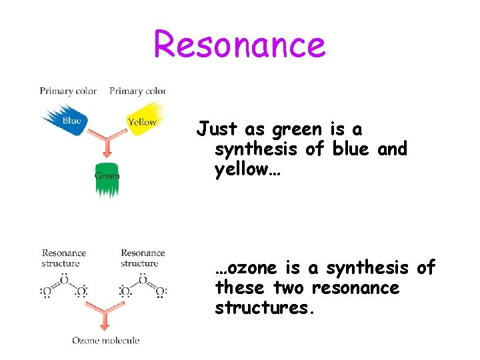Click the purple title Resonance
pos(240,44)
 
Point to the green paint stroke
pos(107,179)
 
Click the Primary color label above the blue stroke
pos(68,91)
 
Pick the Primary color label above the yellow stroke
pos(137,91)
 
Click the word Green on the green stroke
pos(107,176)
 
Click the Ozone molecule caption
pos(106,341)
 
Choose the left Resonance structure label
pos(64,257)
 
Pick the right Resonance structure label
pos(143,257)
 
